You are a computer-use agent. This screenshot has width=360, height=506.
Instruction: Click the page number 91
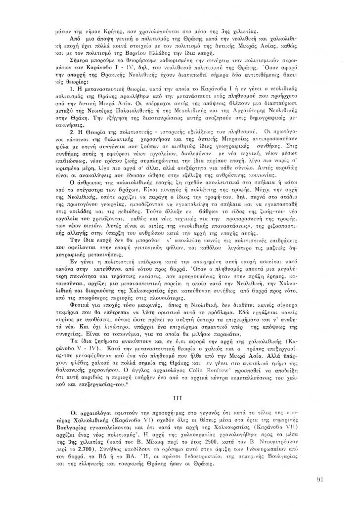(319, 478)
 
